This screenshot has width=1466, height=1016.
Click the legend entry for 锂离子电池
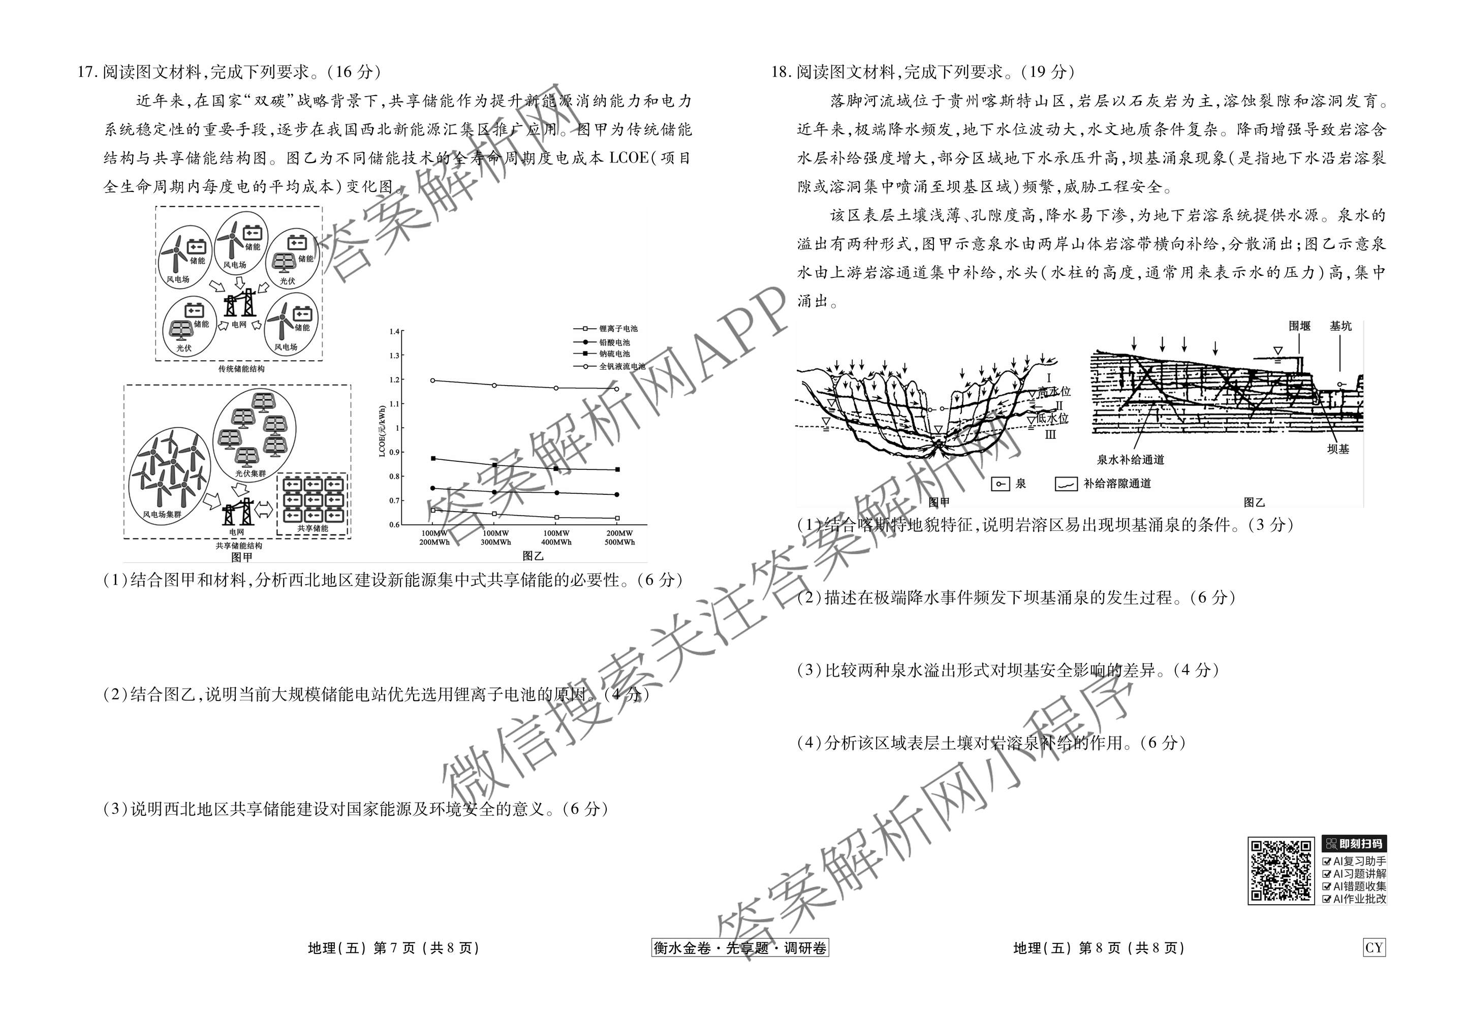point(617,329)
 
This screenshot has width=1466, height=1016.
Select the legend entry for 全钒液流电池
point(621,366)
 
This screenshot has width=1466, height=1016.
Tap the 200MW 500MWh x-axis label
point(619,538)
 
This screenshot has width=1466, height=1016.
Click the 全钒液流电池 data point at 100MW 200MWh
point(433,380)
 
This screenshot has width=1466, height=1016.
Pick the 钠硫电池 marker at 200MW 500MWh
point(617,470)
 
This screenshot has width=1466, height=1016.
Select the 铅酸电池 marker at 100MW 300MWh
point(495,492)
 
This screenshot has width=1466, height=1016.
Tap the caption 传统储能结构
point(241,369)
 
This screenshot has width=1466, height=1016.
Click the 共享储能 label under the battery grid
point(312,528)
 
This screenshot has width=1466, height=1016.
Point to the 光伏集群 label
point(251,473)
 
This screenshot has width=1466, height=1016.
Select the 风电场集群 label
point(162,514)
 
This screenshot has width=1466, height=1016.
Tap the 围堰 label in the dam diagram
point(1299,326)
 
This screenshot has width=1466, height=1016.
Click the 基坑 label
point(1340,326)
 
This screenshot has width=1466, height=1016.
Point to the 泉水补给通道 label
point(1131,459)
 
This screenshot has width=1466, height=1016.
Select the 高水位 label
point(1053,392)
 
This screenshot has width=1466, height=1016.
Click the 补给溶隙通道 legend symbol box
point(1066,484)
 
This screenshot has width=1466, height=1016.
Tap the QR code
point(1281,870)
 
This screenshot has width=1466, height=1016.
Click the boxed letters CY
point(1374,948)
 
